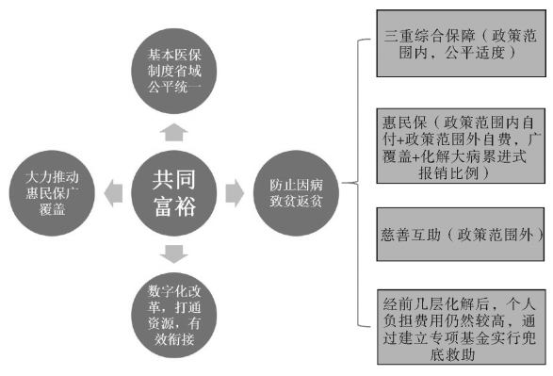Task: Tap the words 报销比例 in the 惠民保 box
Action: click(450, 173)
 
